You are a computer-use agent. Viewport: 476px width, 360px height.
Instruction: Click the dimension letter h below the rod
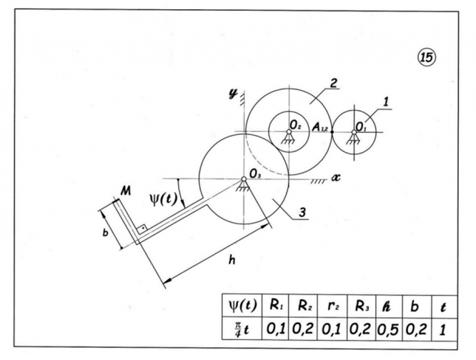[x=231, y=260]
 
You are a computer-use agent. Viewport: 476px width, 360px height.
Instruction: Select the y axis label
[x=232, y=93]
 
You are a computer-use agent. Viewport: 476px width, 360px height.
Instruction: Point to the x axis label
[x=334, y=174]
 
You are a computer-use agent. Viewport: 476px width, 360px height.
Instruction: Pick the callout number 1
[x=386, y=101]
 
